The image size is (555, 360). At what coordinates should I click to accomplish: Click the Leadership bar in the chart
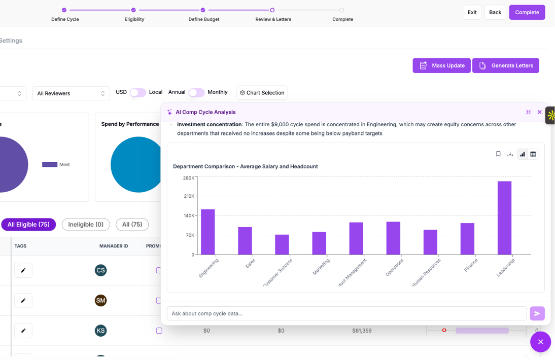[x=504, y=218]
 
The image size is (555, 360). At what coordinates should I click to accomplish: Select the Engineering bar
[x=207, y=232]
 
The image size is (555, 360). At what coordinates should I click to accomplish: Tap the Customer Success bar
[x=282, y=244]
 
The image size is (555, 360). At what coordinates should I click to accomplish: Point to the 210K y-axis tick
[x=189, y=196]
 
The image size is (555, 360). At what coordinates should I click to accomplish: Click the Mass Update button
[x=441, y=65]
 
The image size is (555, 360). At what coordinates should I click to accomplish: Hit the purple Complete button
[x=527, y=12]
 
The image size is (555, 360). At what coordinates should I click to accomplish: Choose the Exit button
[x=472, y=12]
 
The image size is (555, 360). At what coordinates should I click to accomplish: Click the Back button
[x=495, y=12]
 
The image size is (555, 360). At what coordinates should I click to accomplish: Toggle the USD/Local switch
[x=138, y=92]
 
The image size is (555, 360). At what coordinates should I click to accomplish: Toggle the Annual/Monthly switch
[x=196, y=92]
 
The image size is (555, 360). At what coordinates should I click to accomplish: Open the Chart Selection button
[x=262, y=93]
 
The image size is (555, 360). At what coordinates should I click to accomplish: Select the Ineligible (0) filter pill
[x=86, y=224]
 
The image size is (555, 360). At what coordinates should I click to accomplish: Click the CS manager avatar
[x=100, y=270]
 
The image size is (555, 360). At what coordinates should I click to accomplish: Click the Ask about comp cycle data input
[x=346, y=313]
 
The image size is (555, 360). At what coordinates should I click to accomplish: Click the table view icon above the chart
[x=533, y=154]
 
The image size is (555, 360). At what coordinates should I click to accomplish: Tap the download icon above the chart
[x=510, y=154]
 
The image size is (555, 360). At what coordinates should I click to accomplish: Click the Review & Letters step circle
[x=272, y=10]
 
